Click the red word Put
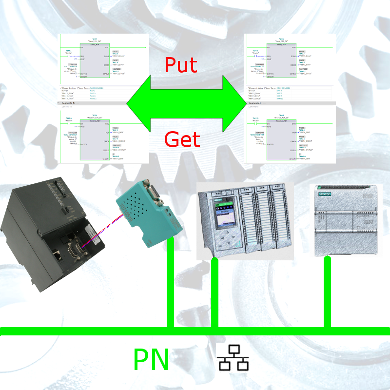coord(181,65)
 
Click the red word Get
coord(182,140)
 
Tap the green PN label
coord(151,361)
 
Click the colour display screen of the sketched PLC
coord(224,214)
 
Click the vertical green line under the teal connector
coord(170,283)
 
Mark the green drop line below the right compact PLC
coord(327,292)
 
